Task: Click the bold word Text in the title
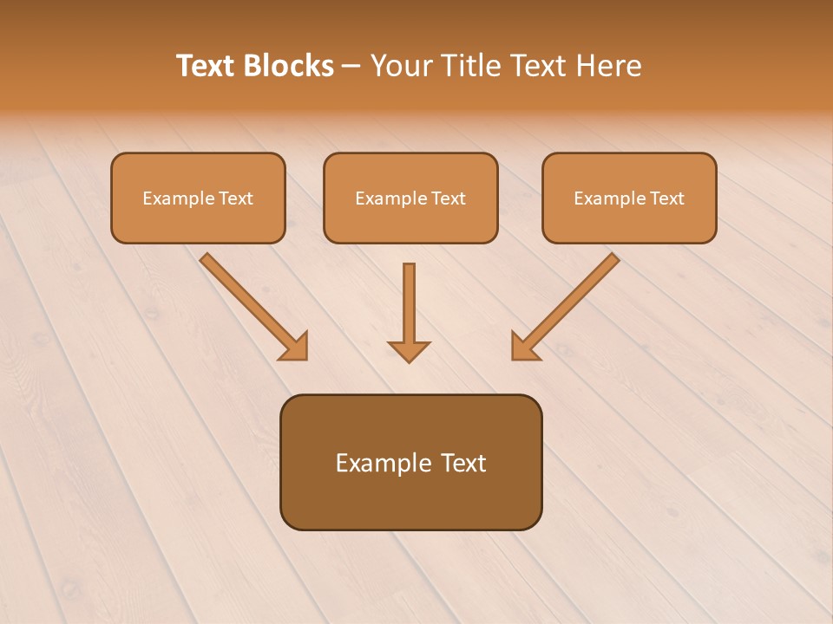click(x=205, y=66)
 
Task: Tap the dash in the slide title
click(x=351, y=67)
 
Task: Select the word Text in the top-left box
click(x=235, y=198)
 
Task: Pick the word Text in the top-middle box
click(x=448, y=198)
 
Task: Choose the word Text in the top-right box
click(x=666, y=198)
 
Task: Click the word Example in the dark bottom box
click(x=383, y=463)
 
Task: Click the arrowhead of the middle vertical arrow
click(x=409, y=351)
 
